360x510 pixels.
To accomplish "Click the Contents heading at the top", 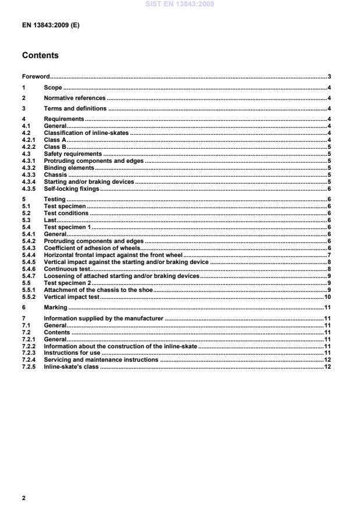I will click(40, 56).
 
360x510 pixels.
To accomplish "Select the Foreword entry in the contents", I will click(35, 77).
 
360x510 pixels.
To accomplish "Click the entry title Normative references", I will click(74, 98).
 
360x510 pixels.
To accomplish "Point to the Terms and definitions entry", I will click(75, 109).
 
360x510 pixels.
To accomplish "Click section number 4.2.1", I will click(28, 140).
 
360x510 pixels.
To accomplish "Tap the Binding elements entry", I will click(69, 168).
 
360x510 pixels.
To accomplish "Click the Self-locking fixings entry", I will click(72, 189).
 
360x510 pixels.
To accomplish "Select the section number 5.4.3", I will click(28, 248).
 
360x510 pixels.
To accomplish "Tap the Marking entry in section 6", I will click(55, 308).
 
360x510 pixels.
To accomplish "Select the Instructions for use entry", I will click(72, 353).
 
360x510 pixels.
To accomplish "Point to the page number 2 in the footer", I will click(24, 498).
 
